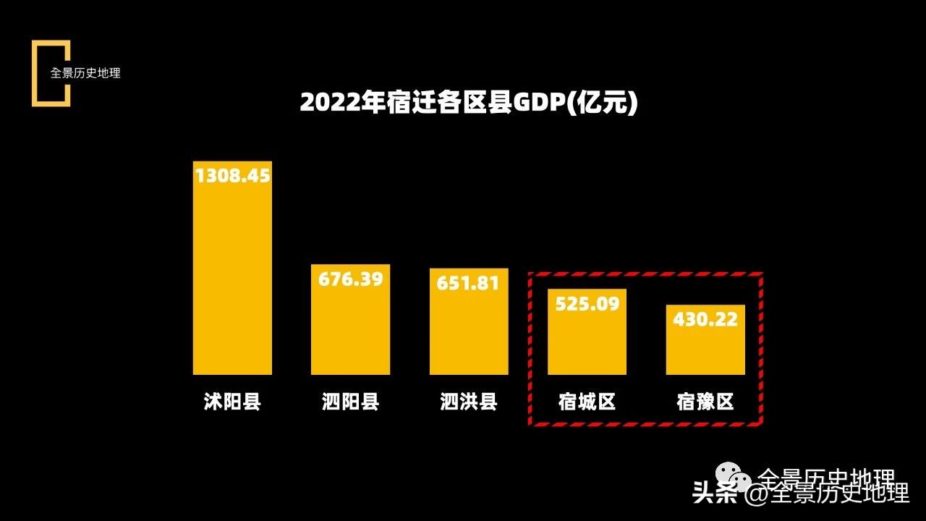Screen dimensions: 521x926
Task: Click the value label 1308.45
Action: (x=232, y=176)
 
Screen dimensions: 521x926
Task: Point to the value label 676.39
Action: (x=350, y=279)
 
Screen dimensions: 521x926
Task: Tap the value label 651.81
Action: (x=469, y=283)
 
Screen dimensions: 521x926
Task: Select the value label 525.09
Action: (x=587, y=303)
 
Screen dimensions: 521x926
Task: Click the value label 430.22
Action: (x=705, y=319)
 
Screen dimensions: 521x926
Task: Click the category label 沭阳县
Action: (x=232, y=402)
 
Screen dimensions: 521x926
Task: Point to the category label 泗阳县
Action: (x=350, y=402)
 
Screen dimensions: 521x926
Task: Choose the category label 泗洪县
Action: (x=469, y=402)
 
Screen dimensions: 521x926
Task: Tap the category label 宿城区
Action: (x=587, y=402)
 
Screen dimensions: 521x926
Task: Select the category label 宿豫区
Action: (x=705, y=402)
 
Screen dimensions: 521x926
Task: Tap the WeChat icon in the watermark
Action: (x=734, y=478)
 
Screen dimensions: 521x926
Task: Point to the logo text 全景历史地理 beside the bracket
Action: (x=85, y=73)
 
